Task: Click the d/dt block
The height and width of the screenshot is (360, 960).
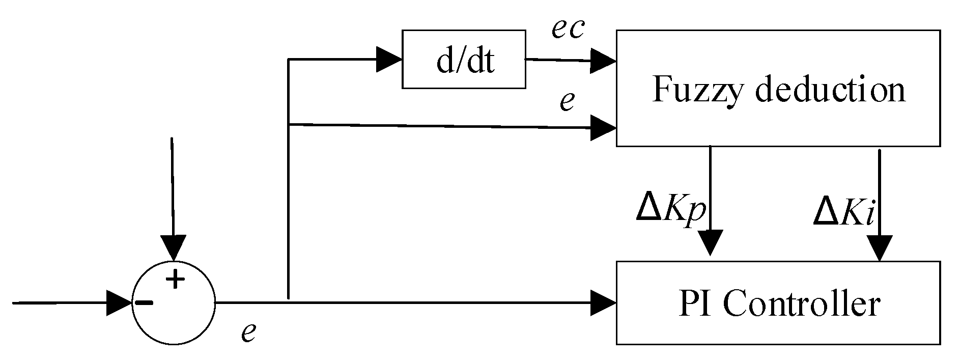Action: click(464, 60)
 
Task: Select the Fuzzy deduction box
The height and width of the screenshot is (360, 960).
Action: click(778, 88)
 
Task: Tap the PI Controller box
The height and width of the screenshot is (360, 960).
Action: click(778, 303)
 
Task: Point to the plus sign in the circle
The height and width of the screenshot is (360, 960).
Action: click(175, 279)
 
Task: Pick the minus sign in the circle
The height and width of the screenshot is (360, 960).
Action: click(144, 302)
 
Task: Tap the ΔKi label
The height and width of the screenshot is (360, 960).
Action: click(843, 213)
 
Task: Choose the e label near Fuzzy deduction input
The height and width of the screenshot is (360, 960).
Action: click(567, 101)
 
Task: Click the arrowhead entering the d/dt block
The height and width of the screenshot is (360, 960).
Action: click(389, 60)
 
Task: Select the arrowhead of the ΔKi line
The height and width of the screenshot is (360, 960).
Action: click(880, 248)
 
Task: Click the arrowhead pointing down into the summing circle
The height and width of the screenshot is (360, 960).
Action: click(174, 247)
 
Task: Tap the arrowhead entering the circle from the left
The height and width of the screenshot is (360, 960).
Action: click(120, 302)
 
